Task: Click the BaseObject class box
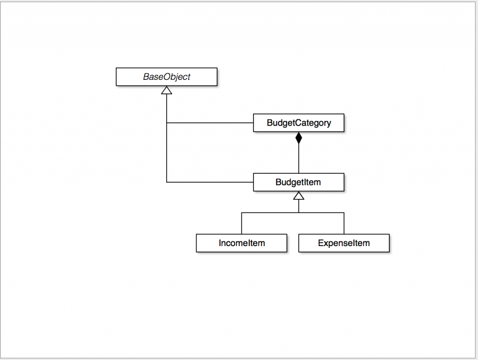pos(166,77)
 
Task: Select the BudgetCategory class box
pos(299,123)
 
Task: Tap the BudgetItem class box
pos(299,182)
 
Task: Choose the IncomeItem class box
pos(241,243)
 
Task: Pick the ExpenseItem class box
pos(344,243)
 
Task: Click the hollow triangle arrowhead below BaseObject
pos(167,90)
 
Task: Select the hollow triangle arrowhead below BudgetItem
pos(299,196)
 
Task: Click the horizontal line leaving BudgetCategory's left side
pos(210,123)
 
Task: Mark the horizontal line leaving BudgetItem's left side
pos(210,182)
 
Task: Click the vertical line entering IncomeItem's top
pos(241,223)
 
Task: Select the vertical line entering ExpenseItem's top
pos(344,223)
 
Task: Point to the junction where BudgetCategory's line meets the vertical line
pos(167,123)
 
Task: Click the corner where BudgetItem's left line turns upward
pos(167,182)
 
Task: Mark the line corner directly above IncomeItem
pos(241,212)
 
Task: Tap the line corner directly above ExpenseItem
pos(344,212)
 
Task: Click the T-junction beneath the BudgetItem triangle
pos(299,212)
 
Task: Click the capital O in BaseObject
pos(164,77)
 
